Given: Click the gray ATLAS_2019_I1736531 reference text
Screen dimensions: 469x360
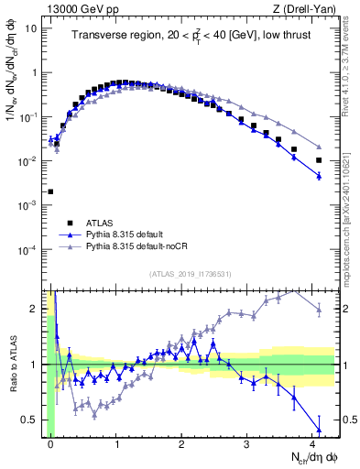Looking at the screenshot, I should (x=190, y=274).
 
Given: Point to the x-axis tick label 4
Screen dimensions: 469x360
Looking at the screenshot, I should (x=312, y=442).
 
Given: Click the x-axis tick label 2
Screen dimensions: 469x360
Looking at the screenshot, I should (x=181, y=442).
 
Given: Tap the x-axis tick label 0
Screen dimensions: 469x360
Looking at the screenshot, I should (x=50, y=442).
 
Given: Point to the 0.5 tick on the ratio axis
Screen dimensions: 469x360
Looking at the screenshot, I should (x=31, y=420).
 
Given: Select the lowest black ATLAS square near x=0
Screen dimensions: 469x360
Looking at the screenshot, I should (x=49, y=191).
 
